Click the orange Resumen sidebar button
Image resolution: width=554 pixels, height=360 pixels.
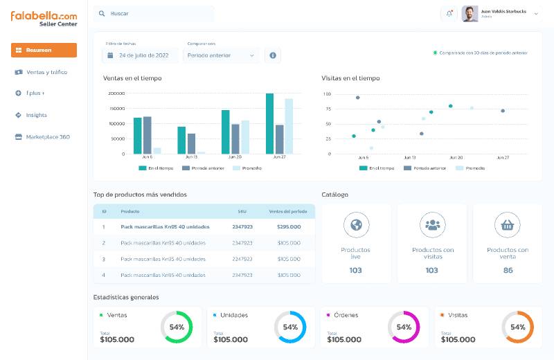44,50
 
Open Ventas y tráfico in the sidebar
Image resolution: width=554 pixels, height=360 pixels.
46,72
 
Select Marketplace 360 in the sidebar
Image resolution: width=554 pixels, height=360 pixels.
47,137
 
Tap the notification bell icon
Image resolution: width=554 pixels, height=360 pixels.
449,14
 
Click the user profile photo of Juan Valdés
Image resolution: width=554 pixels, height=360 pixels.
470,14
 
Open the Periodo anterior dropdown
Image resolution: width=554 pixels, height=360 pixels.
221,55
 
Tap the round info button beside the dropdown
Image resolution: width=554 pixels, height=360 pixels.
273,55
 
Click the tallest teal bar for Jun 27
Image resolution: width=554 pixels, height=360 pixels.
269,123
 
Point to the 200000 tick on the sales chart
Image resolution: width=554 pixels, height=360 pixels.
116,93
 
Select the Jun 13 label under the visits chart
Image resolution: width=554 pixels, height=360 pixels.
409,158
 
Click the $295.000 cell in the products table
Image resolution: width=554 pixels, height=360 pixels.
288,226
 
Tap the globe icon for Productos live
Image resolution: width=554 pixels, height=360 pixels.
356,225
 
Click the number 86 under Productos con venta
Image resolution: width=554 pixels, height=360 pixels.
508,271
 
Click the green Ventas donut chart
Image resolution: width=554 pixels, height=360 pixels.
176,327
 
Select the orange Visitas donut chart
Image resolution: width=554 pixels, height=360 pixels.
517,327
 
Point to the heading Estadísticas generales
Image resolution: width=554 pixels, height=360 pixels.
126,298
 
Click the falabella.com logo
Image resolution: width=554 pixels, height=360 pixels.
44,15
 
